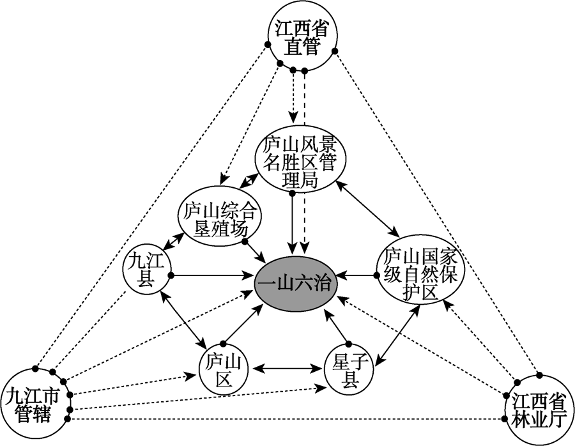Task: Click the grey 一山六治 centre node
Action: pos(296,284)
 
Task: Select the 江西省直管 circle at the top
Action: pos(302,38)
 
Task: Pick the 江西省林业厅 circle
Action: pos(539,411)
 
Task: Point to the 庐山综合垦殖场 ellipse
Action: pos(219,220)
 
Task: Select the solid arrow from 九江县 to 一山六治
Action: pos(210,276)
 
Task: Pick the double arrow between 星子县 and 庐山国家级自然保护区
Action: pos(398,335)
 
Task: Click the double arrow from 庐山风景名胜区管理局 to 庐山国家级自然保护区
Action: pos(368,208)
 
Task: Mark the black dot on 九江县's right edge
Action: pos(170,276)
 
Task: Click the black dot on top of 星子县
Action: pos(349,344)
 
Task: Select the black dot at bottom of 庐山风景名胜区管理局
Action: pos(292,193)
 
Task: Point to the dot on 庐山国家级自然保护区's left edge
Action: pos(376,275)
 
